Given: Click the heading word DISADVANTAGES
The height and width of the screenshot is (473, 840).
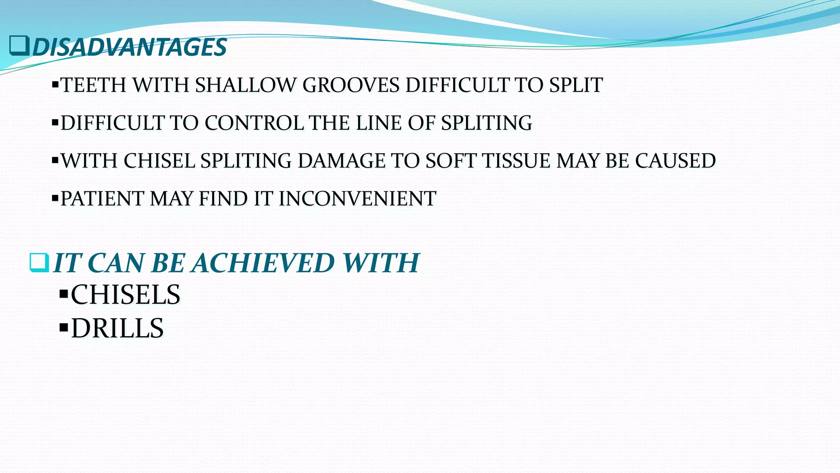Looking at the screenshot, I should point(130,47).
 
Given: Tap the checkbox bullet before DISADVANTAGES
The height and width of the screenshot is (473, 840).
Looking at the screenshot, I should point(19,46).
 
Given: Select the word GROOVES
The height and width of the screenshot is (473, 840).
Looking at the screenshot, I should point(351,85).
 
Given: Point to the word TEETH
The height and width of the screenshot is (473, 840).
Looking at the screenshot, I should point(94,85).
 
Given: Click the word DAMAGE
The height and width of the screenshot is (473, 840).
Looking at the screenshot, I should point(341,161).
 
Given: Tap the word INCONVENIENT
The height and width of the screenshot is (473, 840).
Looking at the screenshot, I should point(357,199).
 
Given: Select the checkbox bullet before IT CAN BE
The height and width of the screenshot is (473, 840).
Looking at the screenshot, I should point(39,263).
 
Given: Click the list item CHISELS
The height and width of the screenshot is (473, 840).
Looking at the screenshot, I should point(126,295).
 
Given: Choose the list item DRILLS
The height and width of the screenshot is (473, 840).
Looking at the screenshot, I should point(117,328).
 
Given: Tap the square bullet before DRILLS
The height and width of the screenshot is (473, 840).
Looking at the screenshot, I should point(63,328).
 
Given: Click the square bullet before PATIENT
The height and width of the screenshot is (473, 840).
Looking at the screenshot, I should point(55,199).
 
